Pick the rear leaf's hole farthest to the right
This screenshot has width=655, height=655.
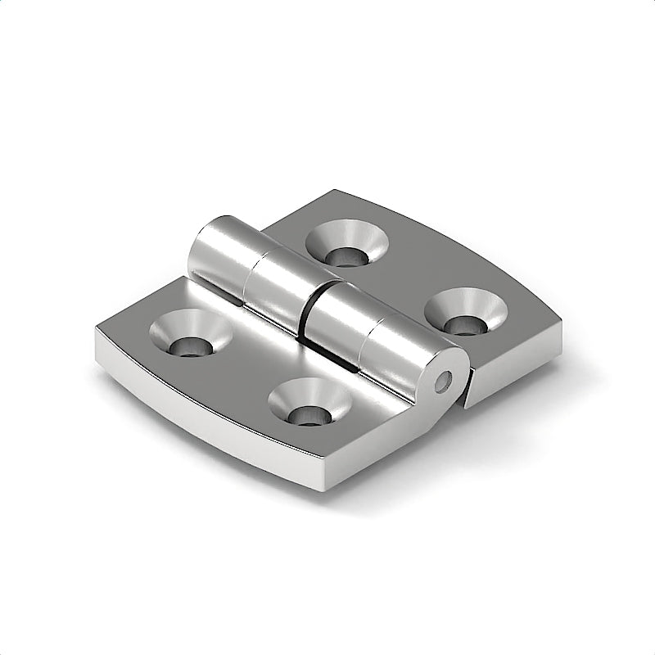click(x=463, y=312)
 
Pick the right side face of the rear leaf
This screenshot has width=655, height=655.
click(x=516, y=368)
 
